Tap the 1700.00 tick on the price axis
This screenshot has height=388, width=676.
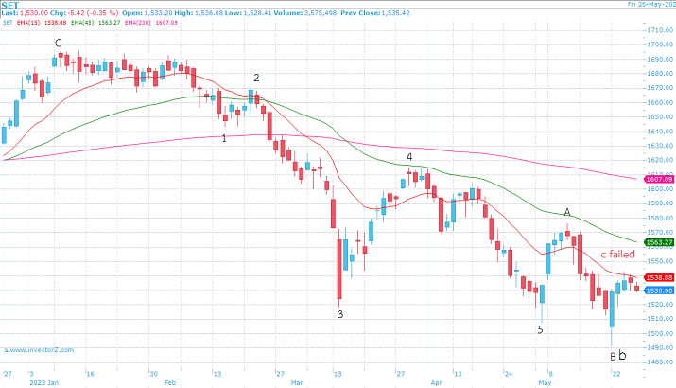click(x=659, y=31)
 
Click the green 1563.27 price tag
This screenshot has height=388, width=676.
click(x=658, y=242)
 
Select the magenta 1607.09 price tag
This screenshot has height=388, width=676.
click(x=658, y=179)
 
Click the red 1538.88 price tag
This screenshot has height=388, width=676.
click(x=658, y=277)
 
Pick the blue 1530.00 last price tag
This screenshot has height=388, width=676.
click(x=658, y=291)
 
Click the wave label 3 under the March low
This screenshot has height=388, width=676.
click(x=340, y=313)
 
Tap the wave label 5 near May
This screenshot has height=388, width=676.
click(x=540, y=329)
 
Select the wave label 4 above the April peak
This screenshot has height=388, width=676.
click(x=409, y=156)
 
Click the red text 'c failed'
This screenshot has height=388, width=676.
click(x=616, y=255)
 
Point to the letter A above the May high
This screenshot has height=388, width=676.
click(x=567, y=212)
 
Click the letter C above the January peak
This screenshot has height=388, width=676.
click(x=58, y=43)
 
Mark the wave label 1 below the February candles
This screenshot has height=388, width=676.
click(x=223, y=138)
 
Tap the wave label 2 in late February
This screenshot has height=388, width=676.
click(x=255, y=78)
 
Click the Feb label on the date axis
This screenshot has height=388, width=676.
click(x=170, y=384)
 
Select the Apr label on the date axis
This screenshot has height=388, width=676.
click(x=436, y=384)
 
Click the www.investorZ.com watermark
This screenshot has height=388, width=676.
click(x=45, y=351)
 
